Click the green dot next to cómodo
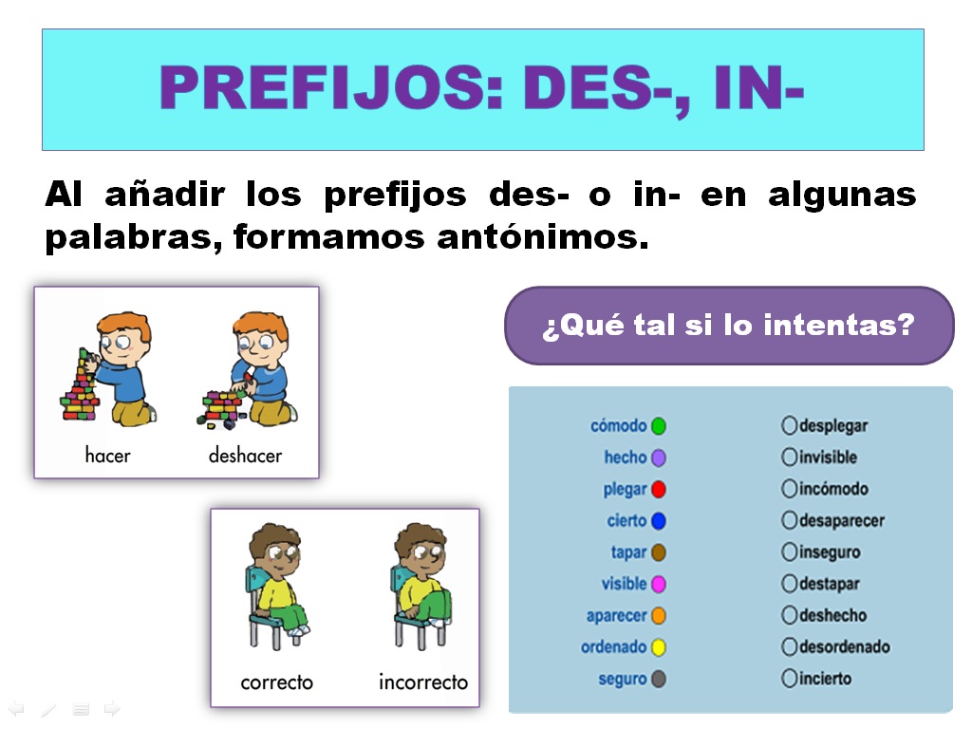pyautogui.click(x=659, y=426)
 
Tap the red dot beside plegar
pyautogui.click(x=659, y=490)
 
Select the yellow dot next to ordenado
pyautogui.click(x=659, y=648)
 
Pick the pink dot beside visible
pyautogui.click(x=659, y=585)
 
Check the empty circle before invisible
pyautogui.click(x=789, y=458)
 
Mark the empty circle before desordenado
pyautogui.click(x=789, y=647)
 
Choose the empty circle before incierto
pyautogui.click(x=789, y=679)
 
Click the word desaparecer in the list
pyautogui.click(x=841, y=521)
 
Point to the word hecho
pyautogui.click(x=625, y=458)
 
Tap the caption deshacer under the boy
pyautogui.click(x=245, y=456)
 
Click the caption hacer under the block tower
pyautogui.click(x=107, y=456)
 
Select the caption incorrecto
pyautogui.click(x=423, y=682)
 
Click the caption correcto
pyautogui.click(x=276, y=682)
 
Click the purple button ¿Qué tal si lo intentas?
pyautogui.click(x=728, y=326)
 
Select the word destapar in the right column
pyautogui.click(x=829, y=584)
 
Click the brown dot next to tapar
pyautogui.click(x=659, y=552)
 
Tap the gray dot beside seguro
pyautogui.click(x=659, y=680)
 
